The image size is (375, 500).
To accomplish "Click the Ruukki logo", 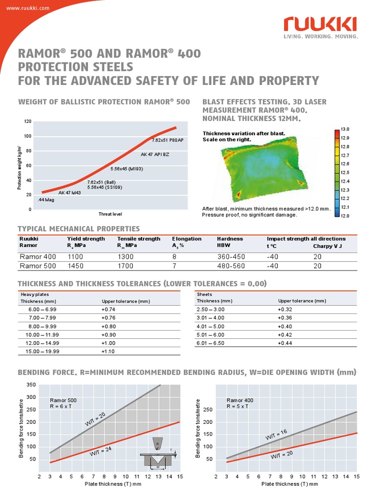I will [320, 23].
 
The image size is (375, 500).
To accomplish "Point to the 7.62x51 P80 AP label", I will [167, 140].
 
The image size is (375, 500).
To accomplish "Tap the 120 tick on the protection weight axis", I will [28, 121].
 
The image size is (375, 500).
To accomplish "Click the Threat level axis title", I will [110, 214].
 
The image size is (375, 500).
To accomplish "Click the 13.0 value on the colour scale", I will [345, 129].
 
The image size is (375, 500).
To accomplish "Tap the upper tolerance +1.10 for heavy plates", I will [108, 351].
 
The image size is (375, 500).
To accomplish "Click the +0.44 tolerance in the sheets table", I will [285, 343].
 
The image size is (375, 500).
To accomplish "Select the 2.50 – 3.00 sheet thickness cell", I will [210, 310].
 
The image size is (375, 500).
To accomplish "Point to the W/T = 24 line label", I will [101, 451].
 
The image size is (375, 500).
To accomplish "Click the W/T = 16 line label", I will [276, 435].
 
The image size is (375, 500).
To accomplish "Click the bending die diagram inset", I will [158, 453].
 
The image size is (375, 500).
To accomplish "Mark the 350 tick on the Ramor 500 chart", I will [31, 385].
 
